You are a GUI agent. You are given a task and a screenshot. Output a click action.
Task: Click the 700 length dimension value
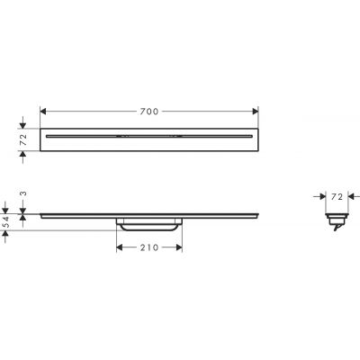pos(149,111)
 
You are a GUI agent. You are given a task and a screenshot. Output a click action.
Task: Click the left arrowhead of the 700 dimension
pos(45,111)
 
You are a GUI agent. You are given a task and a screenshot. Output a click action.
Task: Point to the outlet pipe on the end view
pos(335,229)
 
